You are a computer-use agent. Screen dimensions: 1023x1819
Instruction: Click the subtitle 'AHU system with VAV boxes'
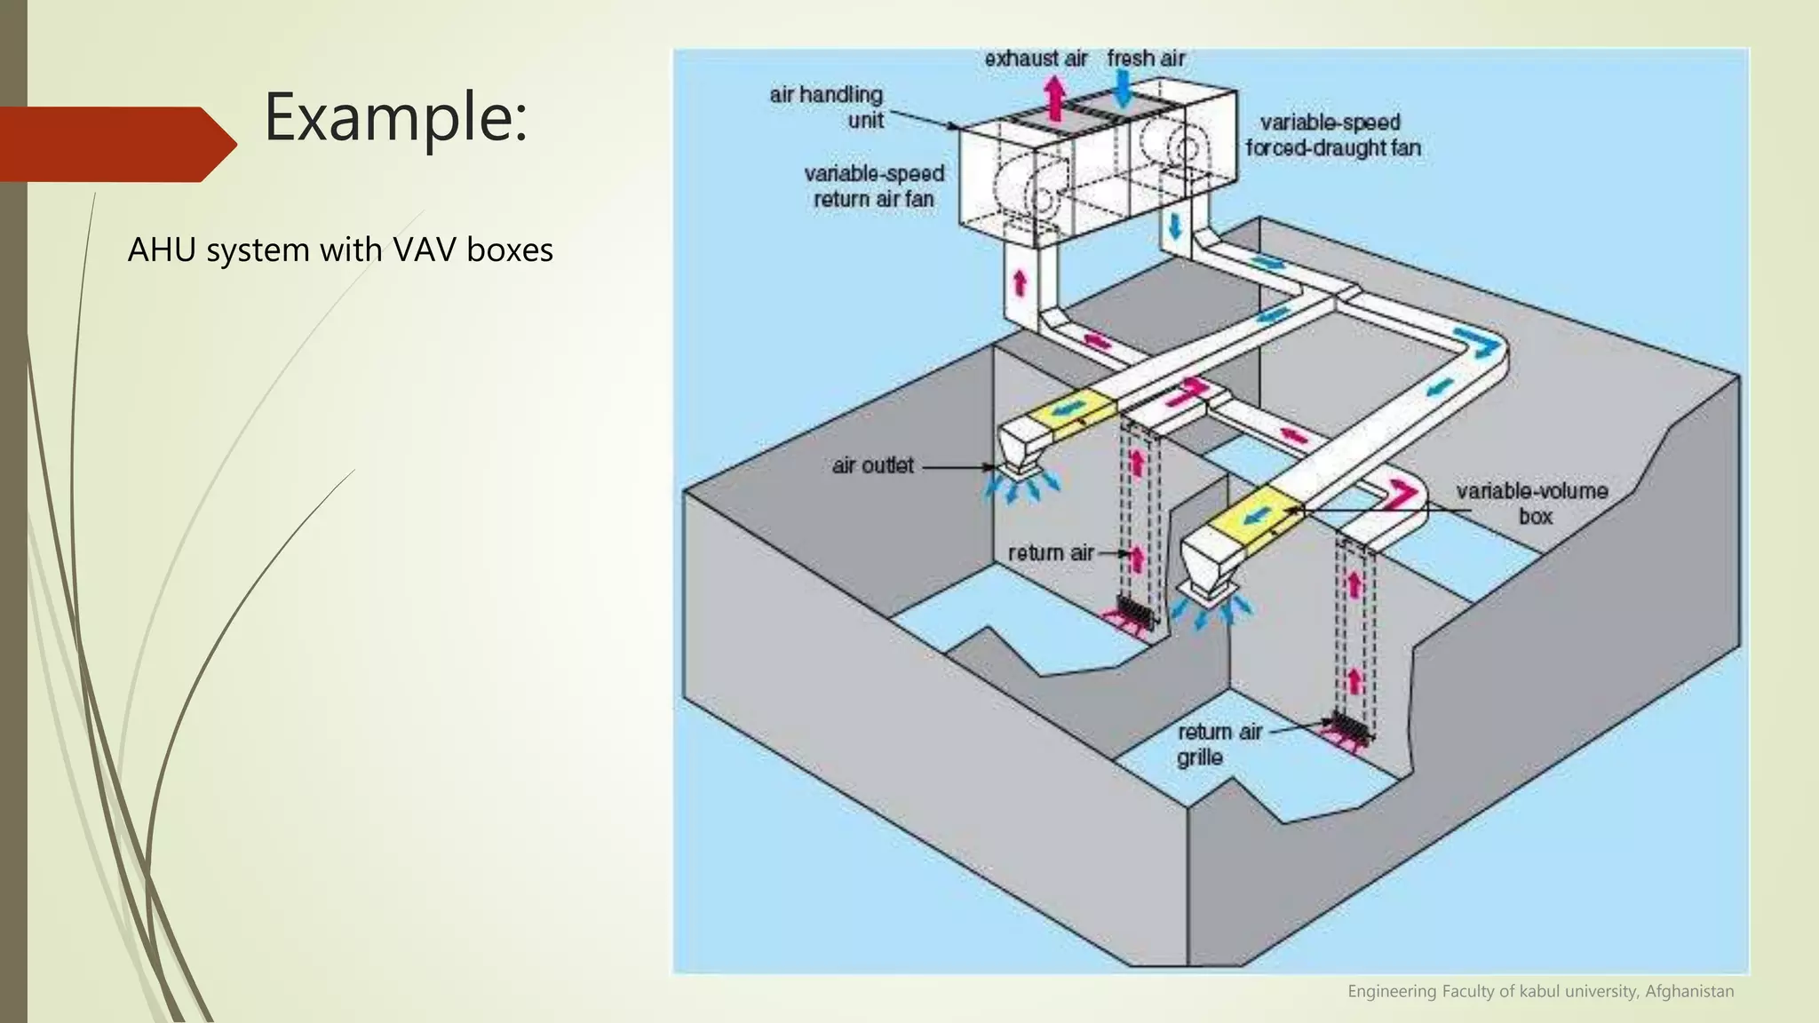(x=340, y=250)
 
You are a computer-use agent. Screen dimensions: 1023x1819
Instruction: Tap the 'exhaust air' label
(x=1036, y=59)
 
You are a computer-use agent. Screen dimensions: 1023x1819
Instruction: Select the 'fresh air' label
(x=1146, y=59)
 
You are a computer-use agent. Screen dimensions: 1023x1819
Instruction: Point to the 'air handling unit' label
(x=827, y=107)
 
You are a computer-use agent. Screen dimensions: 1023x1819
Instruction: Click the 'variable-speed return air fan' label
(x=874, y=186)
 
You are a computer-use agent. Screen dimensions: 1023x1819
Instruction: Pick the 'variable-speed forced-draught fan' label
(x=1332, y=135)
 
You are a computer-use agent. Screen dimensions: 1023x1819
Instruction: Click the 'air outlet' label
(x=872, y=465)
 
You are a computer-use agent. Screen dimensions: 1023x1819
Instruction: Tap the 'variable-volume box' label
(x=1531, y=504)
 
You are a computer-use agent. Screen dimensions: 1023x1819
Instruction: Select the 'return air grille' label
(x=1218, y=744)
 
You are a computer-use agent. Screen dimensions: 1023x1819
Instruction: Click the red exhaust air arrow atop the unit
(x=1054, y=97)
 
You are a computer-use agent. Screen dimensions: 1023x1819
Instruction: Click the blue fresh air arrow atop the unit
(x=1123, y=88)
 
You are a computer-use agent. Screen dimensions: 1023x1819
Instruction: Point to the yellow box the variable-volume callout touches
(x=1255, y=515)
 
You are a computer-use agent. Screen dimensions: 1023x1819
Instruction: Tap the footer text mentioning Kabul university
(x=1540, y=991)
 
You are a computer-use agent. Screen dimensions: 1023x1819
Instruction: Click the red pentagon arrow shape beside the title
(x=115, y=144)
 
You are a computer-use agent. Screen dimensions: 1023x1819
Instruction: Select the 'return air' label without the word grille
(x=1050, y=553)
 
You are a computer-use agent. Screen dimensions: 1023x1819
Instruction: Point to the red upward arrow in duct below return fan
(x=1020, y=283)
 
